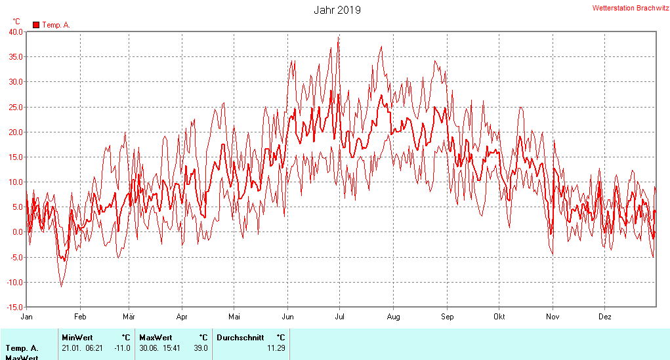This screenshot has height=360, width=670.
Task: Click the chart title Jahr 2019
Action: pyautogui.click(x=337, y=10)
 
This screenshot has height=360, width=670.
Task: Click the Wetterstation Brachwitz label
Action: pyautogui.click(x=630, y=8)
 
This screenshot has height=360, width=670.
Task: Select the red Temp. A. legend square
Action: pyautogui.click(x=36, y=25)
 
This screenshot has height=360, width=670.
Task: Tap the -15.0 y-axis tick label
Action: pyautogui.click(x=14, y=307)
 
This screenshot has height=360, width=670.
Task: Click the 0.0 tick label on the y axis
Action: pyautogui.click(x=18, y=232)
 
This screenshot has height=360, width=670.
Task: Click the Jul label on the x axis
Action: pyautogui.click(x=340, y=316)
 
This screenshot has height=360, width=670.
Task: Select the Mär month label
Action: pyautogui.click(x=129, y=316)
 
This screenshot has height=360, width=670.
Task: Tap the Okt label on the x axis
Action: pyautogui.click(x=499, y=316)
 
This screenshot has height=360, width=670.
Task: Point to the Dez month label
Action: pyautogui.click(x=605, y=316)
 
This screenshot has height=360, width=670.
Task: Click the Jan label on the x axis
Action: pyautogui.click(x=27, y=316)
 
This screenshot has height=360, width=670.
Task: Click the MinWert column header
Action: pyautogui.click(x=77, y=338)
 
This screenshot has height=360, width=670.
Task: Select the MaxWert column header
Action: pyautogui.click(x=156, y=338)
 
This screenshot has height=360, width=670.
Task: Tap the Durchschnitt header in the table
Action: pyautogui.click(x=240, y=338)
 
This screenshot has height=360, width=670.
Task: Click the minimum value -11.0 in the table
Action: pyautogui.click(x=122, y=348)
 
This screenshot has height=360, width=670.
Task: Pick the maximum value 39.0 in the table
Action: pyautogui.click(x=200, y=348)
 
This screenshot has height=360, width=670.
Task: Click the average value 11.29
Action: pyautogui.click(x=276, y=348)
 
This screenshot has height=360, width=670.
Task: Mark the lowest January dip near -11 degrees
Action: pyautogui.click(x=62, y=286)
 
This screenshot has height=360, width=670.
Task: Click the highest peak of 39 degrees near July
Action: pyautogui.click(x=339, y=37)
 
